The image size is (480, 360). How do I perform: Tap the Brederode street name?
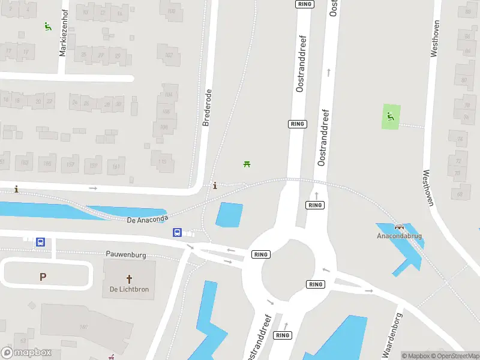coord(208,108)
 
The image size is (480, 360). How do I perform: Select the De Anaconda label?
coord(148,220)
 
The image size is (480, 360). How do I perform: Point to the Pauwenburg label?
coord(126,254)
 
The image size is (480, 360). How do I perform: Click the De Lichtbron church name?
coord(128,289)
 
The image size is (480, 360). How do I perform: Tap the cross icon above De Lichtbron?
coord(128,278)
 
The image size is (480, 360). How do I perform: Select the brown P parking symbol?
coord(43,277)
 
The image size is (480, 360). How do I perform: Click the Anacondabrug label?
coord(399,236)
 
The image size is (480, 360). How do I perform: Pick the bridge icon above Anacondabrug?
coord(399,227)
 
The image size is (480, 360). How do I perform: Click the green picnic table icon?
coord(246,164)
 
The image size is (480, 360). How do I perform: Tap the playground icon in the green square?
coord(391,116)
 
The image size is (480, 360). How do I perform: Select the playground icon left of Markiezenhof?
coord(47,26)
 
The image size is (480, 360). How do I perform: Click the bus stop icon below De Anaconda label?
coord(178,232)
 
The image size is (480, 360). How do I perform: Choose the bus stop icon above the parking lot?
coord(40,242)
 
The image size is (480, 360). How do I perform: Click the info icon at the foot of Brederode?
coord(215,185)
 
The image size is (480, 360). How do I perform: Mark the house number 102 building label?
coord(169,55)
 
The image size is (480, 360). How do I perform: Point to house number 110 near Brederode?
coord(163,161)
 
